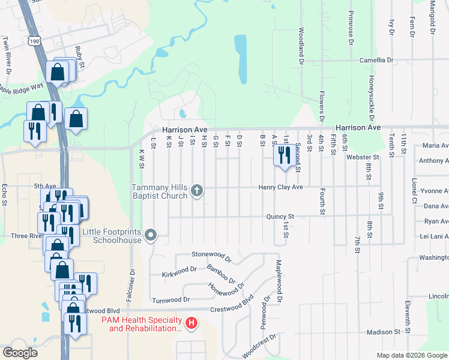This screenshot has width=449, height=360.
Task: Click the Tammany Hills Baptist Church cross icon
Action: pos(196,192)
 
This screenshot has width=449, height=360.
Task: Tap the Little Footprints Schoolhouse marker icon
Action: pos(151,235)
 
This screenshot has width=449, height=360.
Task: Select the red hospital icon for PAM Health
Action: pos(191,324)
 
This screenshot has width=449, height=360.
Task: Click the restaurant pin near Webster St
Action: pos(283,155)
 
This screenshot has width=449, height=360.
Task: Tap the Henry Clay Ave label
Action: pos(281,187)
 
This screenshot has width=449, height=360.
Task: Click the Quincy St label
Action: pos(281,216)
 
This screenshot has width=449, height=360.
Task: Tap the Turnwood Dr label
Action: pos(171,299)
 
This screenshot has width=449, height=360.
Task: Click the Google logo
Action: pos(20,353)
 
